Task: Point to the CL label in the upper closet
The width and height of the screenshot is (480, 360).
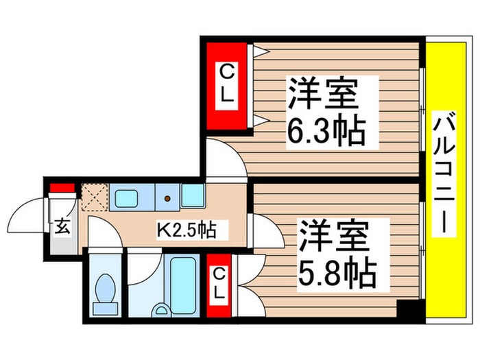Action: pos(227,86)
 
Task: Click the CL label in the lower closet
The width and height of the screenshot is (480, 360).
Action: pos(218,285)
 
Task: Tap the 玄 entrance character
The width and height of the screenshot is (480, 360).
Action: pos(62,227)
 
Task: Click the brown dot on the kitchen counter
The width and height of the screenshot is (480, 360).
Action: pos(167,199)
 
